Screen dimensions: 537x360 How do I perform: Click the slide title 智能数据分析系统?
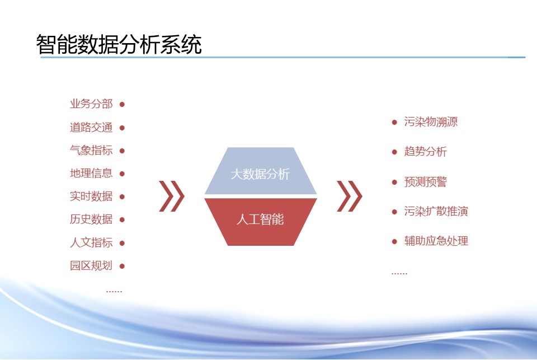tap(119, 45)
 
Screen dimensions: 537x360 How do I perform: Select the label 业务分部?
tap(91, 104)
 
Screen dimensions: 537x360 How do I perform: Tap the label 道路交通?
tap(91, 128)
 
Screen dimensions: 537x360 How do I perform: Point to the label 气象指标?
tap(91, 151)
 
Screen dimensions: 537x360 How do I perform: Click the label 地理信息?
tap(91, 173)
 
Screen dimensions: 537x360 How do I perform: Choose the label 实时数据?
tap(91, 197)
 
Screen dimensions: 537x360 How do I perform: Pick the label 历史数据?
tap(91, 219)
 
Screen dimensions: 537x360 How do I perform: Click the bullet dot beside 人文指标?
tap(122, 243)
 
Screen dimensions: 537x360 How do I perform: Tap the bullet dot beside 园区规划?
tap(122, 266)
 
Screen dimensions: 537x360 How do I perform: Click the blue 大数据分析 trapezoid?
tap(261, 171)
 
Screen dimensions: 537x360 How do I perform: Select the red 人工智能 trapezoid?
tap(261, 222)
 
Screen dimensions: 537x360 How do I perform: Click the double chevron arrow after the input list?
tap(172, 196)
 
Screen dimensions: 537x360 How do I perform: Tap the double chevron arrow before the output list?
tap(350, 196)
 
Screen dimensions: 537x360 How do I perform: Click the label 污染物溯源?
tap(431, 121)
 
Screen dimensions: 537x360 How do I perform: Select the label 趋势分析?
tap(425, 152)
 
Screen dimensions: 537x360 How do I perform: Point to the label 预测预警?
tap(425, 182)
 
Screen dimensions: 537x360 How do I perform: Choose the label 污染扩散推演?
tap(436, 211)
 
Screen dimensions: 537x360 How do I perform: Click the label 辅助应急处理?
tap(436, 241)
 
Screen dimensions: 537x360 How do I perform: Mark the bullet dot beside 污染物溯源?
tap(394, 122)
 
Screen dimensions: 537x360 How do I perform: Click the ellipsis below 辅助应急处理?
tap(399, 274)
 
